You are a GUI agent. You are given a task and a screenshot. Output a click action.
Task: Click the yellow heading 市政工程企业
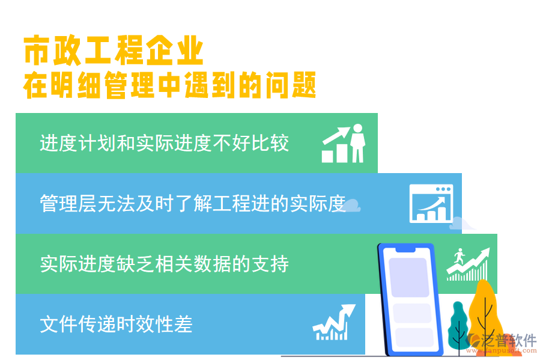113,52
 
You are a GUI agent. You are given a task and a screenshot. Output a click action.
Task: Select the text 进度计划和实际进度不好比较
164,143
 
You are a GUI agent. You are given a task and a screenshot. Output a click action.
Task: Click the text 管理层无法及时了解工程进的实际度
192,204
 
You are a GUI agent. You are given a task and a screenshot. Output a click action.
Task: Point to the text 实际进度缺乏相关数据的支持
164,264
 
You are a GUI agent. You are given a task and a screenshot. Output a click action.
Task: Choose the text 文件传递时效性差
116,325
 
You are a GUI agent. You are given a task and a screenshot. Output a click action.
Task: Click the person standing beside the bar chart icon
358,143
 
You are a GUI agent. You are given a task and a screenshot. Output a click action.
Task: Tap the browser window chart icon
431,204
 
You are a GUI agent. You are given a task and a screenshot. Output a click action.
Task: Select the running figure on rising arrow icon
467,264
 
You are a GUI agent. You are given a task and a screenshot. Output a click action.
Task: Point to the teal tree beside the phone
459,325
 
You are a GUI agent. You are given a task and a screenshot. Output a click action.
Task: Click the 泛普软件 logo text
509,340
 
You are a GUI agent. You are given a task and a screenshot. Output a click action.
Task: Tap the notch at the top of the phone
405,249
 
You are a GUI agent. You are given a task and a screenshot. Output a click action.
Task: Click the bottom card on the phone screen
413,337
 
